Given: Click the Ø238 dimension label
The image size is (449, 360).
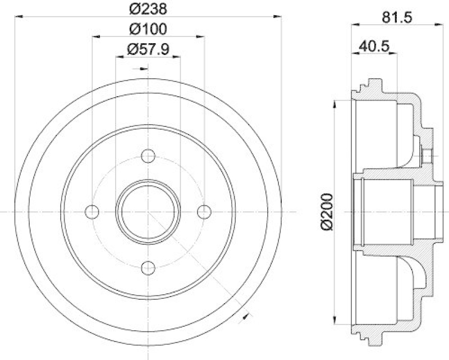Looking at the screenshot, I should [x=148, y=8].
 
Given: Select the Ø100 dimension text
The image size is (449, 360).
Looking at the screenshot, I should [x=148, y=29].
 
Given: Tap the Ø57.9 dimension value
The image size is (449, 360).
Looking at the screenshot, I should [x=148, y=49].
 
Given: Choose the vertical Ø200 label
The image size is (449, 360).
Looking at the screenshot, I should [x=329, y=211].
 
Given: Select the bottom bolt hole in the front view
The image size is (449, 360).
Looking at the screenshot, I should [x=148, y=267].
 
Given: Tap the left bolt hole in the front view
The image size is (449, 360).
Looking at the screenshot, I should [x=92, y=211].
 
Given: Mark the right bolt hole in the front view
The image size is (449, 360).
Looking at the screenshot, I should [x=204, y=211].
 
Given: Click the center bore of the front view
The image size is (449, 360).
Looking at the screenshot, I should [x=148, y=211].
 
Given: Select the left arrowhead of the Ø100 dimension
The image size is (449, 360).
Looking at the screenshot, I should [x=95, y=36].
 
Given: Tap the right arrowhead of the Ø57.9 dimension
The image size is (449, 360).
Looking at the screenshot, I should [x=177, y=56].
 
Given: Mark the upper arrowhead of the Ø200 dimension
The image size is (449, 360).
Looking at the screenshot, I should [x=336, y=104].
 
